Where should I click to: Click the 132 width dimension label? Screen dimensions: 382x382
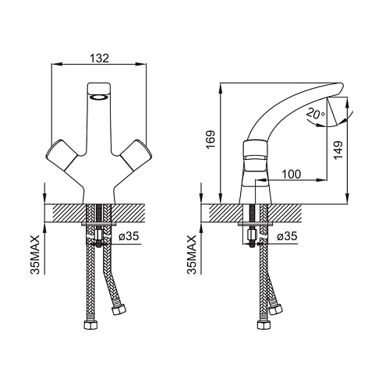pos(99,58)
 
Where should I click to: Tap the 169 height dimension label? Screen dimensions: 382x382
pos(210,140)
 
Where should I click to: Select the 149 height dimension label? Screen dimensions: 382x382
pos(338,150)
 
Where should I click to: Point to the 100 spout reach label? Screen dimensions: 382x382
pos(292,174)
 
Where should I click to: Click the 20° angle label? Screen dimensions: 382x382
pos(316,113)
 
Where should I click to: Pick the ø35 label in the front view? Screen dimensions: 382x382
pos(129,236)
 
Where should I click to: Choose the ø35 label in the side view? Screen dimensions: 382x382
pos(287,236)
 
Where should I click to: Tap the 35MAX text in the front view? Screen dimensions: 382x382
pos(35,255)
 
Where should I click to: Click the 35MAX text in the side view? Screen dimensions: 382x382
pos(192,255)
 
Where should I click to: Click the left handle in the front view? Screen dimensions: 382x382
pos(62,155)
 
